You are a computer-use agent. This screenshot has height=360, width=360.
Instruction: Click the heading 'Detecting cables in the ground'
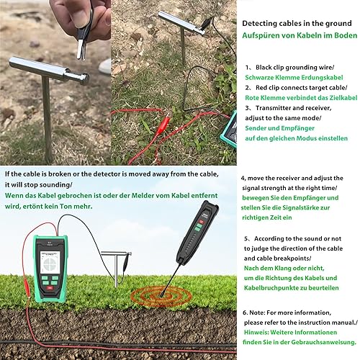pyautogui.click(x=297, y=23)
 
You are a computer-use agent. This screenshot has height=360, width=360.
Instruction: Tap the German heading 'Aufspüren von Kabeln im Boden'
pyautogui.click(x=300, y=35)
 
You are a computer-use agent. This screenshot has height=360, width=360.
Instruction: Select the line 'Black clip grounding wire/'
pyautogui.click(x=295, y=68)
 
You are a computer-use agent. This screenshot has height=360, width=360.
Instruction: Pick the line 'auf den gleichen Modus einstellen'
pyautogui.click(x=297, y=138)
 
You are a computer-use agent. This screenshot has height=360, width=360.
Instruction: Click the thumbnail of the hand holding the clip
pyautogui.click(x=55, y=82)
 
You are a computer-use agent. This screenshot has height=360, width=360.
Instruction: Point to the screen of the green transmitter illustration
pyautogui.click(x=50, y=262)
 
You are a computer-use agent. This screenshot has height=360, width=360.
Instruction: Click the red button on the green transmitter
pyautogui.click(x=50, y=289)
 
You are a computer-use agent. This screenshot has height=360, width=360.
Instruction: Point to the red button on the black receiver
pyautogui.click(x=201, y=222)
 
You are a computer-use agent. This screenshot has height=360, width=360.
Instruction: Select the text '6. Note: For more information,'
pyautogui.click(x=287, y=312)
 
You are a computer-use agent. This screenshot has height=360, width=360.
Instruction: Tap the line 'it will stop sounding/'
pyautogui.click(x=38, y=185)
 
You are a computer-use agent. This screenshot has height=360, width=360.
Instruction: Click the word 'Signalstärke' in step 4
pyautogui.click(x=301, y=207)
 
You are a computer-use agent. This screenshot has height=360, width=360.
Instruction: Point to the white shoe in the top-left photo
pyautogui.click(x=105, y=66)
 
